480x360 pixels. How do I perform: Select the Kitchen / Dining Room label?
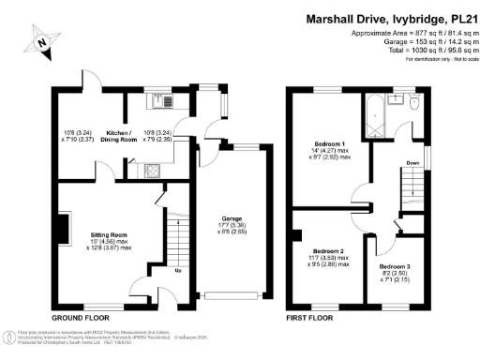pos(127,134)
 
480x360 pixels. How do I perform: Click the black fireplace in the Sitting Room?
pos(62,227)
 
